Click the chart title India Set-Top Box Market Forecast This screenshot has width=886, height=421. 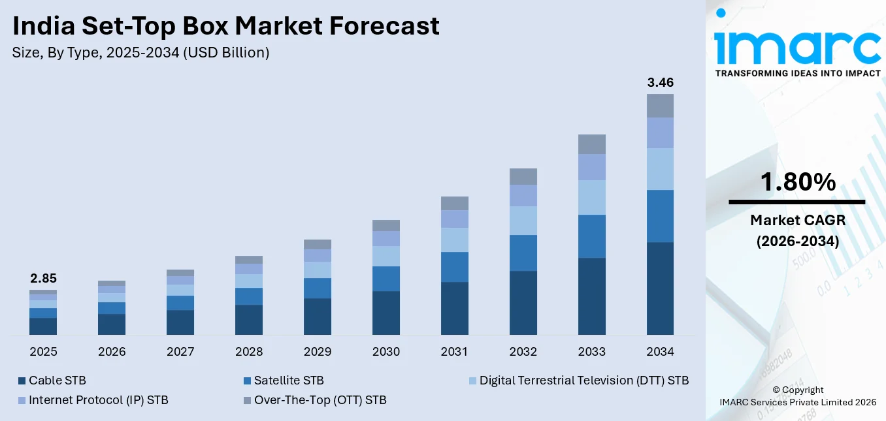[225, 26]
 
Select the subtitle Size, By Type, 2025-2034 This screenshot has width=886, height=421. [140, 53]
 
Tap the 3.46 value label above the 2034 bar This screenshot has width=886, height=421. [660, 83]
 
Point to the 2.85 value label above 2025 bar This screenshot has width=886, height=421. [43, 279]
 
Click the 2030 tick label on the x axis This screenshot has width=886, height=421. [386, 352]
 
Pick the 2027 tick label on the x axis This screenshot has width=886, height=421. [180, 352]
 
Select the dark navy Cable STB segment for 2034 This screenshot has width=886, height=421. [660, 288]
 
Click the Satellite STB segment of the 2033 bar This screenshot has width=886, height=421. [591, 236]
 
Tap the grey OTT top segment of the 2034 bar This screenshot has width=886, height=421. [660, 106]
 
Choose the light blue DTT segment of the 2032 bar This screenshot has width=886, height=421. [523, 221]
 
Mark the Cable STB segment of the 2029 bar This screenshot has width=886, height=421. [318, 317]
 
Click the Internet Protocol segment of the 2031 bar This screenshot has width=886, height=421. [454, 219]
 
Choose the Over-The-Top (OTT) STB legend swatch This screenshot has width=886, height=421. [246, 400]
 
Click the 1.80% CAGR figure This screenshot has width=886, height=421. [797, 183]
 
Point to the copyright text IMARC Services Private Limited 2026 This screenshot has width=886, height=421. [797, 402]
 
